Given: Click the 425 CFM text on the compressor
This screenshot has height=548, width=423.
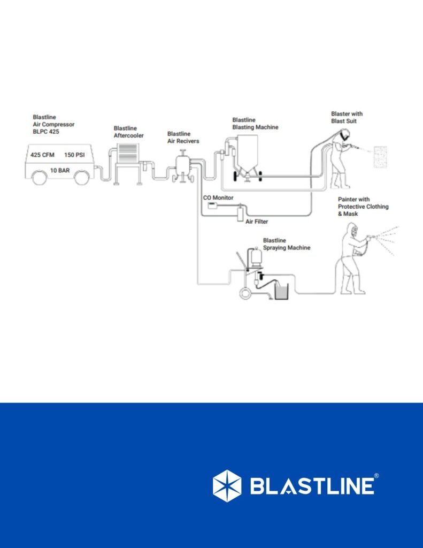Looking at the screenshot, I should (43, 155).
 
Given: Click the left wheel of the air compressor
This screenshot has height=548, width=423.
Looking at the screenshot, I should (39, 178).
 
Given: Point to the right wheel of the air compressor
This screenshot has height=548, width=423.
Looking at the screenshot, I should (81, 178).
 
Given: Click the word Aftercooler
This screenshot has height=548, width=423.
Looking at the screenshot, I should (129, 136).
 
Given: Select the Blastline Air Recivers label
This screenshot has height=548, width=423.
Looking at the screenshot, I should (183, 138).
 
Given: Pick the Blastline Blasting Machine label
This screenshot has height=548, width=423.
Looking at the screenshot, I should (255, 124).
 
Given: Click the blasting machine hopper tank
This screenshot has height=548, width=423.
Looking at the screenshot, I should (248, 153).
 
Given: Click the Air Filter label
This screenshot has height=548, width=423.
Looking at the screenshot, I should (257, 221).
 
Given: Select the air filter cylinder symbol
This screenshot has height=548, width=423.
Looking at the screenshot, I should (240, 214).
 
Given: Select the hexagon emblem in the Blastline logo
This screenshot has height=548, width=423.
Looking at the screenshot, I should (227, 485).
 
